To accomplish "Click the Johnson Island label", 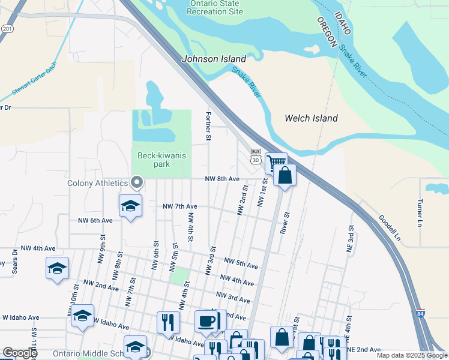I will (214, 59).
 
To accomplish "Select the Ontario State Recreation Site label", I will (216, 7).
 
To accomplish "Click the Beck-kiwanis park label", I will (162, 160).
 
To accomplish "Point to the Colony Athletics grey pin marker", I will (137, 181).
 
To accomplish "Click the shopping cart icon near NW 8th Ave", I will (276, 161).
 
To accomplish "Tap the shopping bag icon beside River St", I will (285, 175).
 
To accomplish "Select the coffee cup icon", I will (207, 321).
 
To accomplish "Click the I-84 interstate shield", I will (422, 314).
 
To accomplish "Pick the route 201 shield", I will (7, 28).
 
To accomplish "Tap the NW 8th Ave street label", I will (222, 179).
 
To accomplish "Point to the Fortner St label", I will (208, 126).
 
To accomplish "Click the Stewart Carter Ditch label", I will (34, 80).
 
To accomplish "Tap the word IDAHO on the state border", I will (340, 25).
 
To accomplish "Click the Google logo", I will (20, 353).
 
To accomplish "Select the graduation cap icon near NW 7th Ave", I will (130, 205).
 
